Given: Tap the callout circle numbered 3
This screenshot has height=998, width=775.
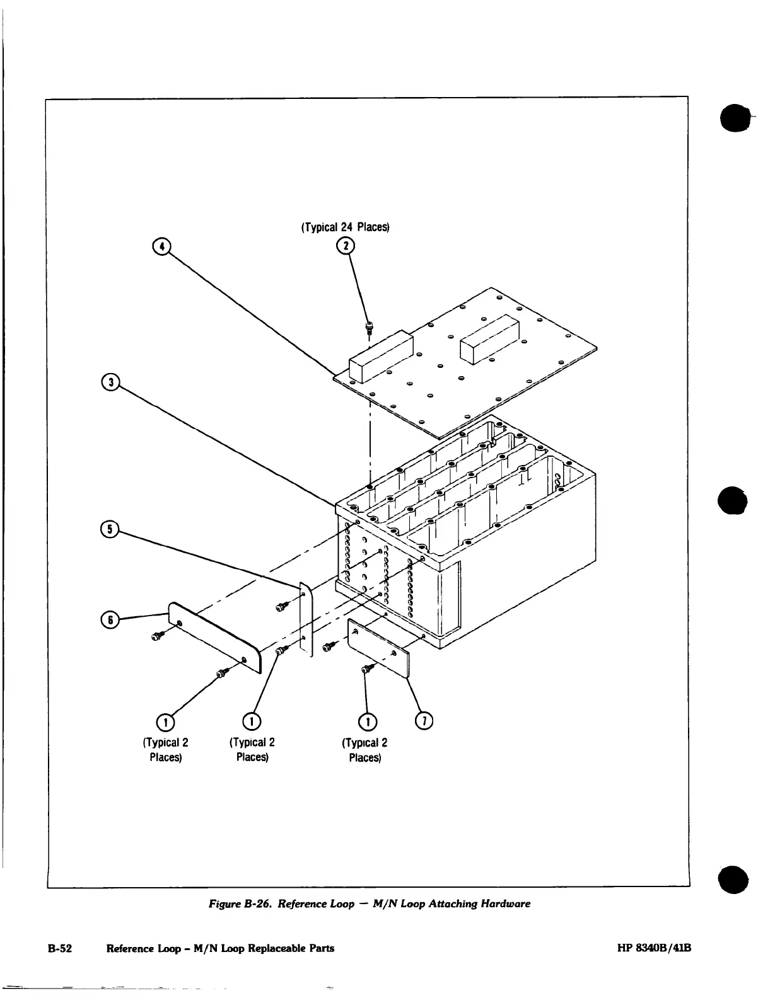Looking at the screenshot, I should (x=110, y=382).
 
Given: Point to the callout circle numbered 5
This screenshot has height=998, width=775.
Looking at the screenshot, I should (x=110, y=529).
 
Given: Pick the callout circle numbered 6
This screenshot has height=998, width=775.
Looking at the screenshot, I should (x=110, y=620).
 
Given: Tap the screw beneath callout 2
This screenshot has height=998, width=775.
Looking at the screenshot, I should (x=368, y=327).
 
